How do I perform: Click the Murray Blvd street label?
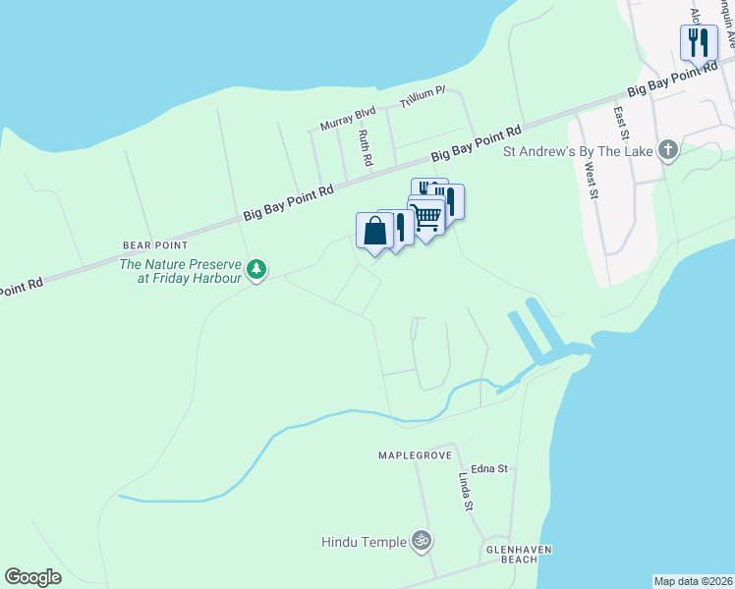point(349,117)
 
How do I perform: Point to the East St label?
point(622,124)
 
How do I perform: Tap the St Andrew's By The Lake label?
point(578,151)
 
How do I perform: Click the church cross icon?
point(668,150)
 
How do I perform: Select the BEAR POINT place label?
point(155,244)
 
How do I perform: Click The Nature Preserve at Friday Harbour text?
point(181,271)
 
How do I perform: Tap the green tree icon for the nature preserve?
point(256,268)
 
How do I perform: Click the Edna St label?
point(488,469)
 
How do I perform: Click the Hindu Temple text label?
point(364,541)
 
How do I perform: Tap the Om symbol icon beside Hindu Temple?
point(422,540)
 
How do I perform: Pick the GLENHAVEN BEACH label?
point(512,554)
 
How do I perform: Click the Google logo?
point(33,577)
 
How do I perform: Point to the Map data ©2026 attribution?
point(694,581)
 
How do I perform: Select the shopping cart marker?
point(426,217)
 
